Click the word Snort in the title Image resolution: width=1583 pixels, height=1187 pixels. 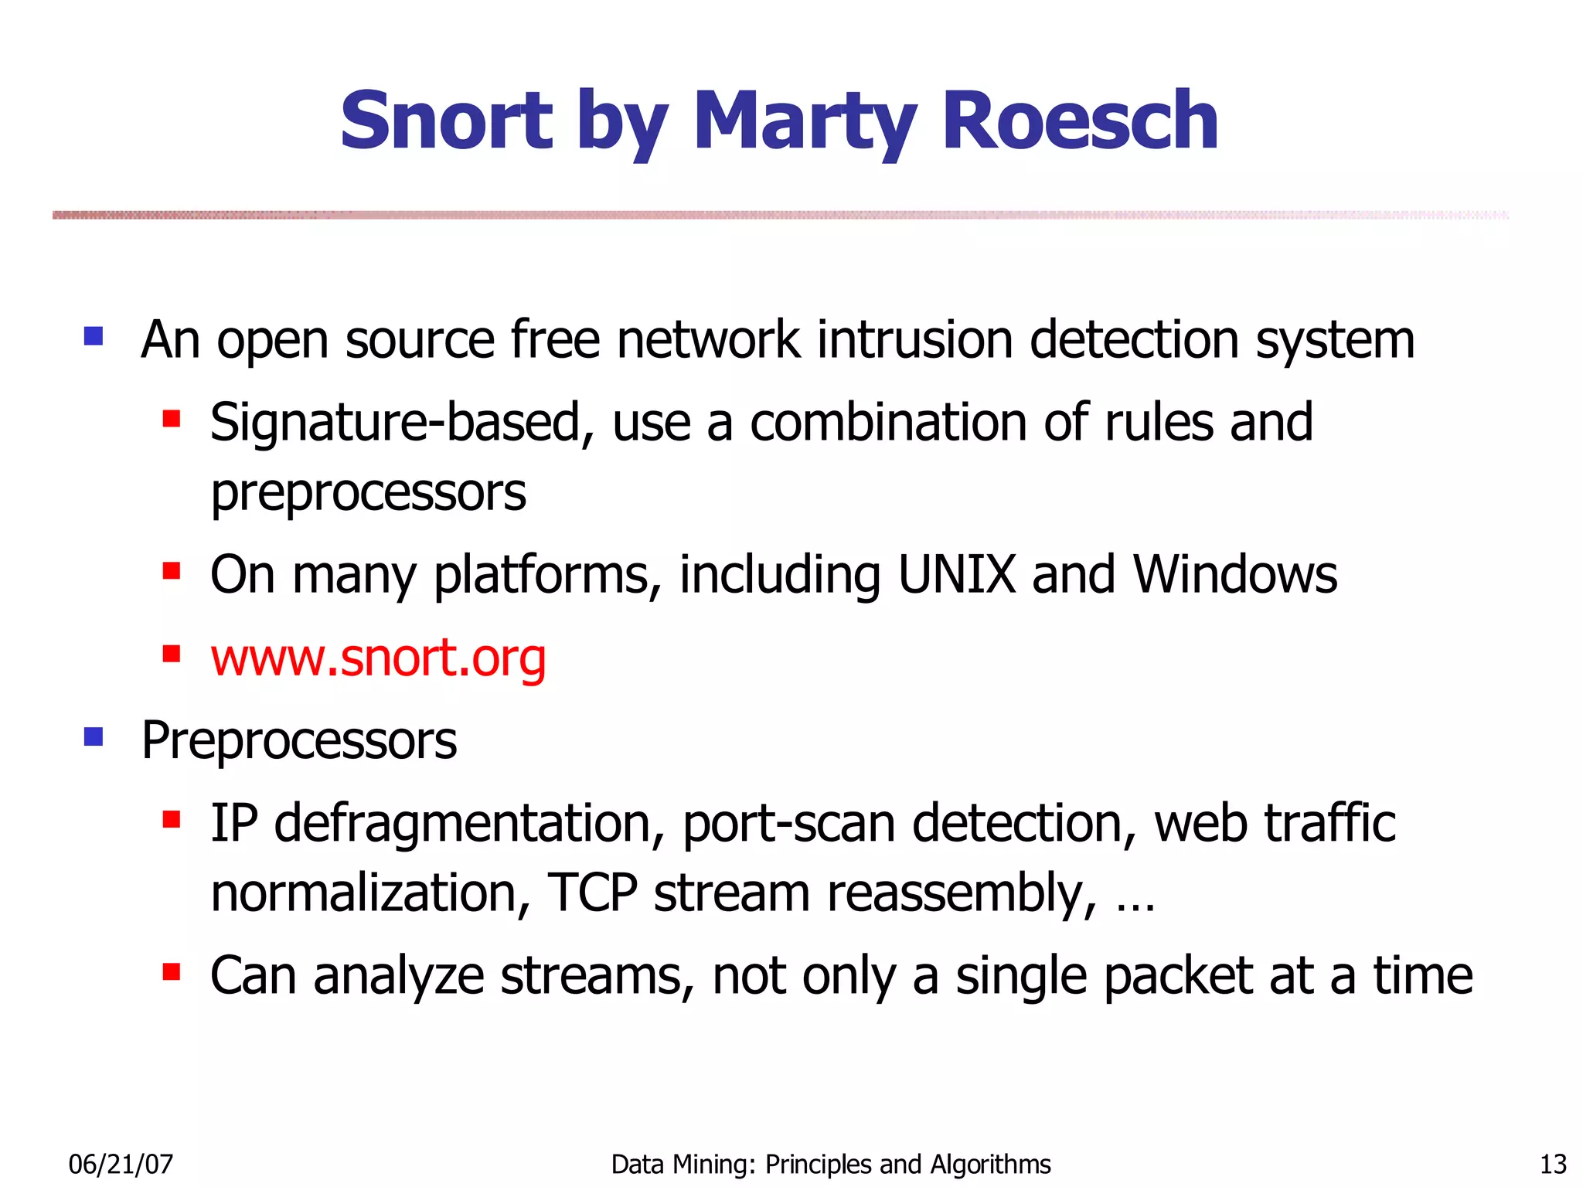click(446, 121)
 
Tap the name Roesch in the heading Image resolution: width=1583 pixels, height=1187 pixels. click(1080, 121)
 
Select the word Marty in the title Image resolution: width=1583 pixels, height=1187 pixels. click(805, 121)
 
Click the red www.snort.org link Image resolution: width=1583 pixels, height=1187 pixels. click(378, 658)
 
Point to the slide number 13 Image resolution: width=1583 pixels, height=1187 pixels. click(1553, 1164)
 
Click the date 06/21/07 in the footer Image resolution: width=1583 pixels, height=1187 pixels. click(121, 1164)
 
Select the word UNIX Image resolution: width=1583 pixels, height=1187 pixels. click(956, 575)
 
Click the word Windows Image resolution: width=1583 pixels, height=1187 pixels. click(1234, 575)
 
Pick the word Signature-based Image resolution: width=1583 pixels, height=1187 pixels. click(395, 423)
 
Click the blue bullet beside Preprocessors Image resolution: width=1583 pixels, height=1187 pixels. click(94, 737)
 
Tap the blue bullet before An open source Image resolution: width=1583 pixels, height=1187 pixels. click(94, 336)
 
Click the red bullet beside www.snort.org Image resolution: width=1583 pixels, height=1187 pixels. click(171, 655)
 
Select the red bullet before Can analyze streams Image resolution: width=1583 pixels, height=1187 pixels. click(171, 971)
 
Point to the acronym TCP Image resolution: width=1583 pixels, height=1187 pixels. click(592, 893)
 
